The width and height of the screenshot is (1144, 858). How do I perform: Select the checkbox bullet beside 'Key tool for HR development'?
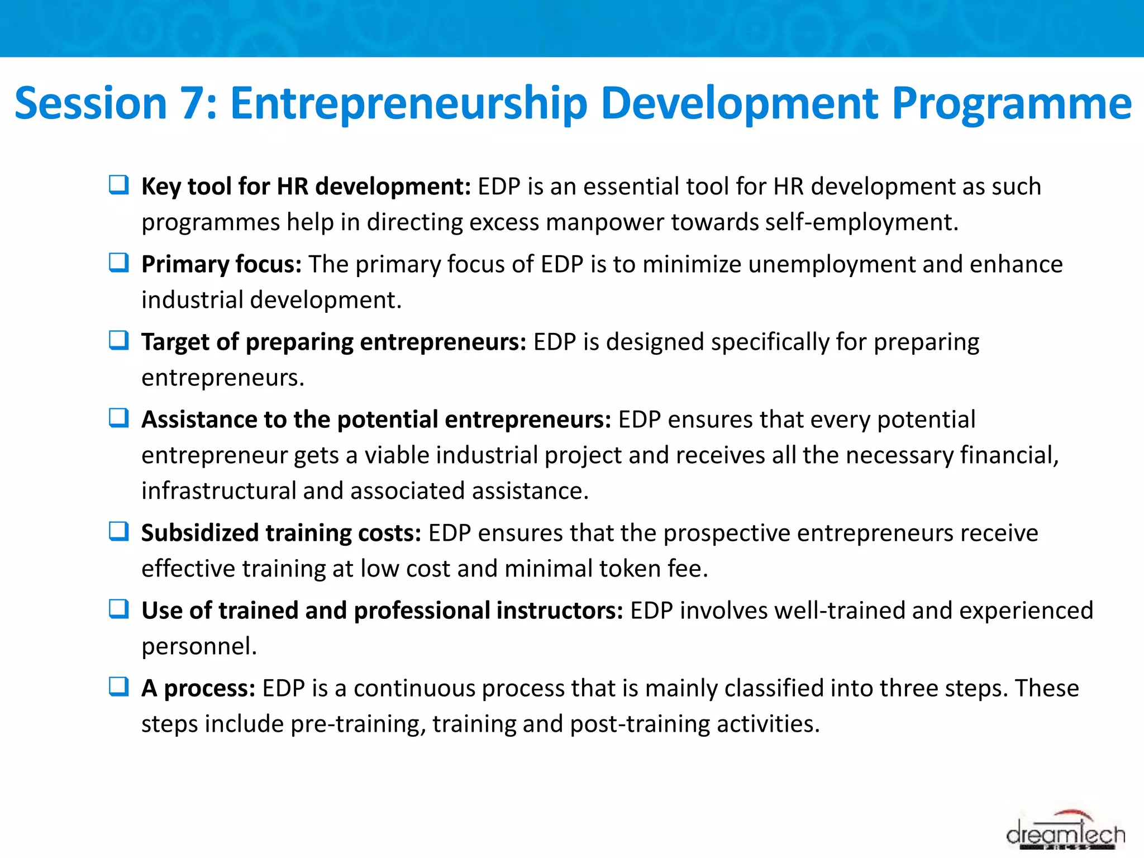tap(119, 184)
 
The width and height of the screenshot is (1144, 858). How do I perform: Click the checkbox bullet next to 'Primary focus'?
tap(119, 262)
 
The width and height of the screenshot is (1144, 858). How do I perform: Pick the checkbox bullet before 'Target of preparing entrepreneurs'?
tap(119, 340)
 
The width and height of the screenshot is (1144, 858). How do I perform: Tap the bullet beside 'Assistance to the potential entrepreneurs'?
tap(119, 417)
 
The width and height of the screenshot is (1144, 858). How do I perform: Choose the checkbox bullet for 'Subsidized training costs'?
tap(119, 531)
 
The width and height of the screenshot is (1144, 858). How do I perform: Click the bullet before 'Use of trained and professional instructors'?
tap(119, 608)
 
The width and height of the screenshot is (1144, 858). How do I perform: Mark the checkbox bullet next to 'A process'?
tap(119, 686)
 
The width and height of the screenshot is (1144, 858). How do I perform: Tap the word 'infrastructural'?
tap(218, 491)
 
